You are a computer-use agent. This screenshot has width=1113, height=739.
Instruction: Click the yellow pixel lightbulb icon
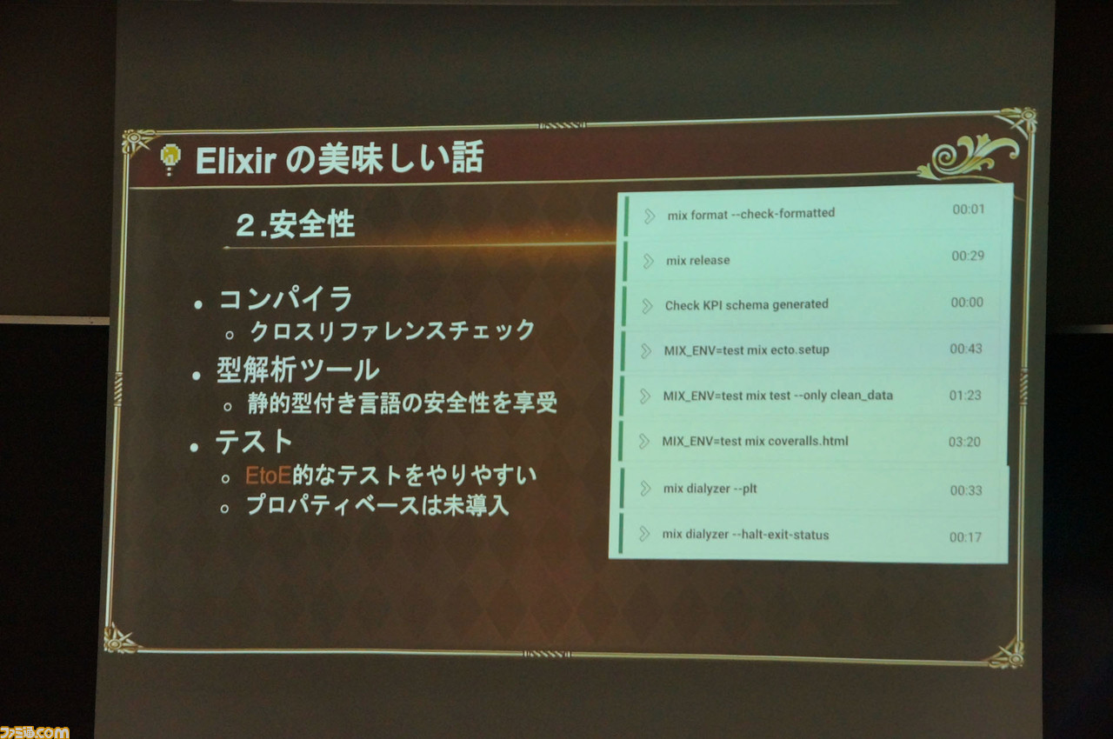click(x=170, y=159)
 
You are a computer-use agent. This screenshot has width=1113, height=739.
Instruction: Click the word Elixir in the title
click(x=236, y=161)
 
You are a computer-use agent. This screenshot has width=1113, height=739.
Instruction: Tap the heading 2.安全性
click(x=296, y=224)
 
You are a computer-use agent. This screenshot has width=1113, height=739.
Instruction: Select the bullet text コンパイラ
click(x=286, y=299)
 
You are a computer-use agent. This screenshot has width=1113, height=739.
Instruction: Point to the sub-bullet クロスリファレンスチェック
click(x=392, y=330)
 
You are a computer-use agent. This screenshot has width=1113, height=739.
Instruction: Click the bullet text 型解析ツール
click(x=297, y=370)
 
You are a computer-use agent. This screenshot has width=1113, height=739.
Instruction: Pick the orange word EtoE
click(x=268, y=476)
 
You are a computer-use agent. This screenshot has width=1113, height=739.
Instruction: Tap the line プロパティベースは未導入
click(x=377, y=506)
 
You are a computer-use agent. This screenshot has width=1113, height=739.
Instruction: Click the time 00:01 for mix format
click(x=969, y=209)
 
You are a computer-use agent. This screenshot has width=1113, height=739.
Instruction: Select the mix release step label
click(x=698, y=260)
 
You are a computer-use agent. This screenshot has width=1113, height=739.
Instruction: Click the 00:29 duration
click(x=968, y=256)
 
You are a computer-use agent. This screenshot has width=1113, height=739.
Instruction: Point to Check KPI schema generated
click(x=747, y=304)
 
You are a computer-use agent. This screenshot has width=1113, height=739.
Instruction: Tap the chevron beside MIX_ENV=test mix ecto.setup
click(x=646, y=350)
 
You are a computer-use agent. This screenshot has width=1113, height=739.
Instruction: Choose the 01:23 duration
click(x=965, y=396)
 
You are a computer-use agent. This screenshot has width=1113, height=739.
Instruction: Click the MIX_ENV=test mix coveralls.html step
click(x=755, y=441)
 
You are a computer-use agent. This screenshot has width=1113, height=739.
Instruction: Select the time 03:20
click(x=964, y=442)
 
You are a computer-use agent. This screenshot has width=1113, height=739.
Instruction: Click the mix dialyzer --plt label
click(x=710, y=489)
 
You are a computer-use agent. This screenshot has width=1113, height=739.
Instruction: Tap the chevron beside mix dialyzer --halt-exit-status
click(x=644, y=534)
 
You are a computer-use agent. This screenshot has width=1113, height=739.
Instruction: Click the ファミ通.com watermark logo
click(x=34, y=732)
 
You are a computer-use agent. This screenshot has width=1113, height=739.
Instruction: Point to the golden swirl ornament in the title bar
click(x=969, y=156)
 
